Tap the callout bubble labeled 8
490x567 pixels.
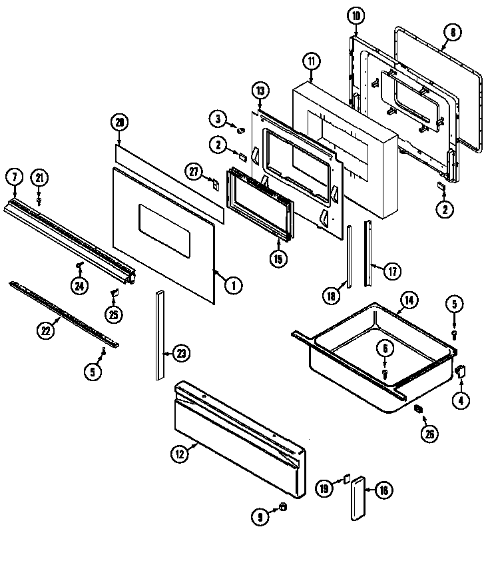pos(453,31)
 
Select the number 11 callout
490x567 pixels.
pos(311,61)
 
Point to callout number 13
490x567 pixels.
pos(260,90)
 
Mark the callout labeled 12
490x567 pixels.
pos(179,455)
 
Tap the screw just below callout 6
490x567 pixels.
pos(385,374)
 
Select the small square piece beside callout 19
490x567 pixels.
pos(346,478)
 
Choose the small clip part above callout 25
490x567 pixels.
pos(114,292)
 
